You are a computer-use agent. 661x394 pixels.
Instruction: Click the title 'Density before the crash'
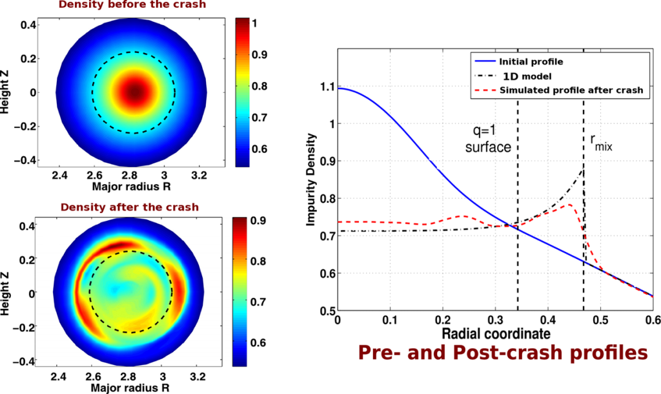tap(133, 5)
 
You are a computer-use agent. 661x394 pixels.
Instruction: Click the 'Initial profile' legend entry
tap(529, 63)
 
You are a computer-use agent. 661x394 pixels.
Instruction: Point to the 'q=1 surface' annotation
tap(488, 139)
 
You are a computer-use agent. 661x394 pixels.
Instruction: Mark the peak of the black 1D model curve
tap(584, 169)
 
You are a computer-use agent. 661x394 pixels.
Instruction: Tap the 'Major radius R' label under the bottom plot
tap(132, 389)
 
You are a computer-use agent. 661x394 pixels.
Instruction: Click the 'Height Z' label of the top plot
tap(6, 92)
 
